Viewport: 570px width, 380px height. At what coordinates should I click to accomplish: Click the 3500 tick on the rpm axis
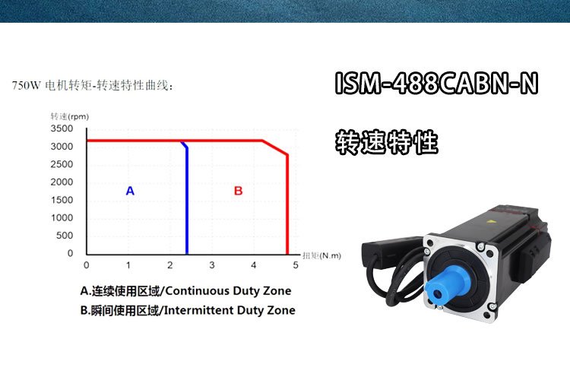62,128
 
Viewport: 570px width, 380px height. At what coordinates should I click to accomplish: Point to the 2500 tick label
62,164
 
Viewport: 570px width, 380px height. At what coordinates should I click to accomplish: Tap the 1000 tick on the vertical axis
62,217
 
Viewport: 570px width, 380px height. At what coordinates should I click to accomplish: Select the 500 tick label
65,236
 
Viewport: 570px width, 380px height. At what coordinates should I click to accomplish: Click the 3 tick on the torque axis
212,265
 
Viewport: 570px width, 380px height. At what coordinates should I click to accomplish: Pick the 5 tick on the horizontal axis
296,265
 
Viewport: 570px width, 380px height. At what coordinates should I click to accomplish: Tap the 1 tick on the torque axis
128,265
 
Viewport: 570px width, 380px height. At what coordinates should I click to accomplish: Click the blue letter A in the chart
130,191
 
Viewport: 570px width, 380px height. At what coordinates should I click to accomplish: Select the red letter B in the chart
238,191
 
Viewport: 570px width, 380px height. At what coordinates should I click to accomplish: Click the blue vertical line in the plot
187,200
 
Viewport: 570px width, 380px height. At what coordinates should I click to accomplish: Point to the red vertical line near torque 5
287,204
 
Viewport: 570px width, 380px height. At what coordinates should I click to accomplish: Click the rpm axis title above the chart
69,116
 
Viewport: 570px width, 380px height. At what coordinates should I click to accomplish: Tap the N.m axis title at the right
321,255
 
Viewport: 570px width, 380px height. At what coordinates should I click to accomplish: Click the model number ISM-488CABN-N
436,84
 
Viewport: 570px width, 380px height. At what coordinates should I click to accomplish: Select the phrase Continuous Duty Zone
228,291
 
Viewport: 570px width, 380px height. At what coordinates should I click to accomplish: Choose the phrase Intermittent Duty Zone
230,310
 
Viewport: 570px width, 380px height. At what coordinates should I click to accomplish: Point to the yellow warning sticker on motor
493,220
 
